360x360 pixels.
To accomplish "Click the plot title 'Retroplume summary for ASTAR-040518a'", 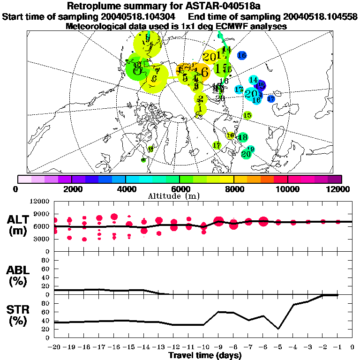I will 180,7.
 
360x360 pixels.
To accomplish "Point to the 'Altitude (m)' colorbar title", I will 180,195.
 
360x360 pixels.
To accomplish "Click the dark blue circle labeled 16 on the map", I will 242,55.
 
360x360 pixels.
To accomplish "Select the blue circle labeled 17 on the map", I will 271,98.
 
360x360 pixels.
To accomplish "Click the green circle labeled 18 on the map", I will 243,137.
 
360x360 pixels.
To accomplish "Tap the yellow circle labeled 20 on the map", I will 210,57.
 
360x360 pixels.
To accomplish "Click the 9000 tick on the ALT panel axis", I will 43,214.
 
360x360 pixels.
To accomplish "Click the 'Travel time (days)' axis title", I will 205,356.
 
